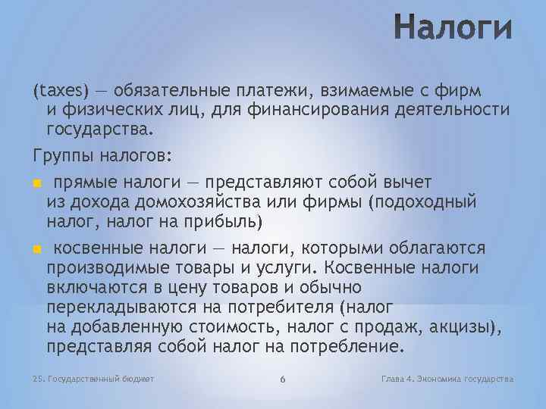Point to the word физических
point(108,110)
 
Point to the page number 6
point(281,379)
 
